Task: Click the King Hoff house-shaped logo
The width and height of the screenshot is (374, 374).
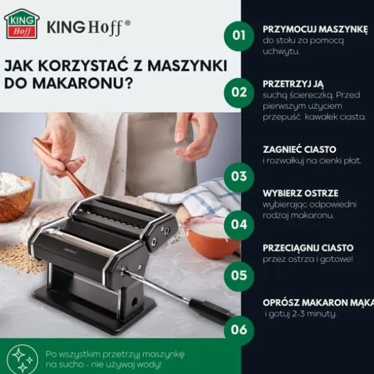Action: pyautogui.click(x=22, y=24)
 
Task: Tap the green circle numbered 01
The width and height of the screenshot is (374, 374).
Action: pyautogui.click(x=239, y=35)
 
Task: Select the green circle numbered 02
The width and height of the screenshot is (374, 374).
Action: pyautogui.click(x=239, y=93)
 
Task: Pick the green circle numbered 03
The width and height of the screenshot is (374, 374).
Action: pyautogui.click(x=239, y=177)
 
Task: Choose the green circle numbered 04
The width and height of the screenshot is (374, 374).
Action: pyautogui.click(x=239, y=225)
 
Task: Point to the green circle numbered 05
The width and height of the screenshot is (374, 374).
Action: pyautogui.click(x=239, y=276)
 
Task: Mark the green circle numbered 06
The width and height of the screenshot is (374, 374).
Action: pyautogui.click(x=239, y=330)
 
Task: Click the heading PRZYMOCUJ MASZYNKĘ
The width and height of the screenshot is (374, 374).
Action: pyautogui.click(x=315, y=30)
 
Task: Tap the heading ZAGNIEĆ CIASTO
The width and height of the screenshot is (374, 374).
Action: pyautogui.click(x=300, y=150)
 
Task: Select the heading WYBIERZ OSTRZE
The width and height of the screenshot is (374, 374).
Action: pyautogui.click(x=300, y=193)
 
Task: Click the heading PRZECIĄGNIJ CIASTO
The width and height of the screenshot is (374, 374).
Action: pyautogui.click(x=308, y=248)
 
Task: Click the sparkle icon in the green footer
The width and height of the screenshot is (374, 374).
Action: pyautogui.click(x=23, y=360)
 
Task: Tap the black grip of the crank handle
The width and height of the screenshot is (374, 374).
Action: pyautogui.click(x=211, y=311)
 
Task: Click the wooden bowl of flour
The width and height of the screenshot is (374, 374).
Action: pyautogui.click(x=15, y=197)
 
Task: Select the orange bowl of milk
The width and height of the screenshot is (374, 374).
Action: pyautogui.click(x=212, y=237)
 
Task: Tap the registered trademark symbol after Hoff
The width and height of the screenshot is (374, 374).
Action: pyautogui.click(x=128, y=23)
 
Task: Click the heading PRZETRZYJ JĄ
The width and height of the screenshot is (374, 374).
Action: pyautogui.click(x=293, y=84)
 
